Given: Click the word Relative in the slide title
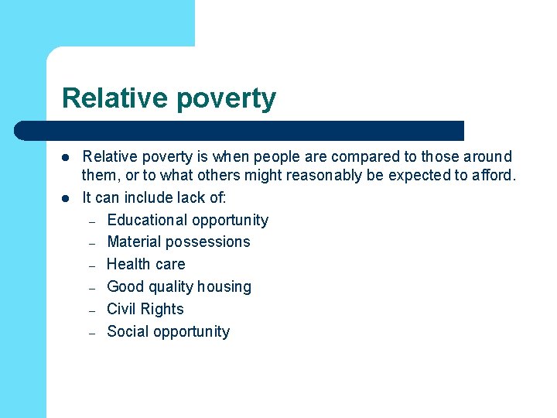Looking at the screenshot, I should [x=115, y=98].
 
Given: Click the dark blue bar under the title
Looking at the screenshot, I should [x=240, y=130].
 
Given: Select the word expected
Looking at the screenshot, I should [x=429, y=176].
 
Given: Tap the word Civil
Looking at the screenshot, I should [x=121, y=309].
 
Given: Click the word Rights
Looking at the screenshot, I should [x=162, y=310].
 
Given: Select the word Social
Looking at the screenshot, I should [x=128, y=331].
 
